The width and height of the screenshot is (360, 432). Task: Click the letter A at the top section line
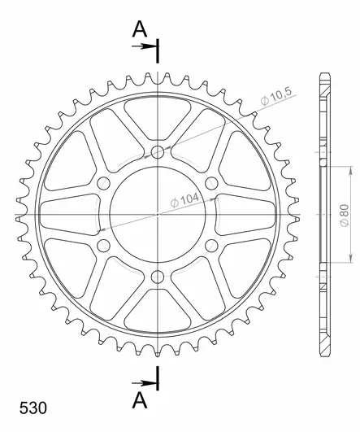click(x=140, y=29)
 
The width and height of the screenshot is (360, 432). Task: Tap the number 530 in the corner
click(x=29, y=406)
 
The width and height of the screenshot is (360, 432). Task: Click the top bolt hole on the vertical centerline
click(x=157, y=152)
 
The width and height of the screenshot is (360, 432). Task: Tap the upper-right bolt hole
click(x=210, y=183)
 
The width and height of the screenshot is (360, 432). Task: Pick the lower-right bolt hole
click(x=210, y=245)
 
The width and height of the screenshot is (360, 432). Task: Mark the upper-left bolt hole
click(x=103, y=183)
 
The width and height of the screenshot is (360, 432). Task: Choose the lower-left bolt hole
click(x=103, y=245)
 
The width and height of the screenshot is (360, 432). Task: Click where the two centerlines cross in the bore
click(x=157, y=214)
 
